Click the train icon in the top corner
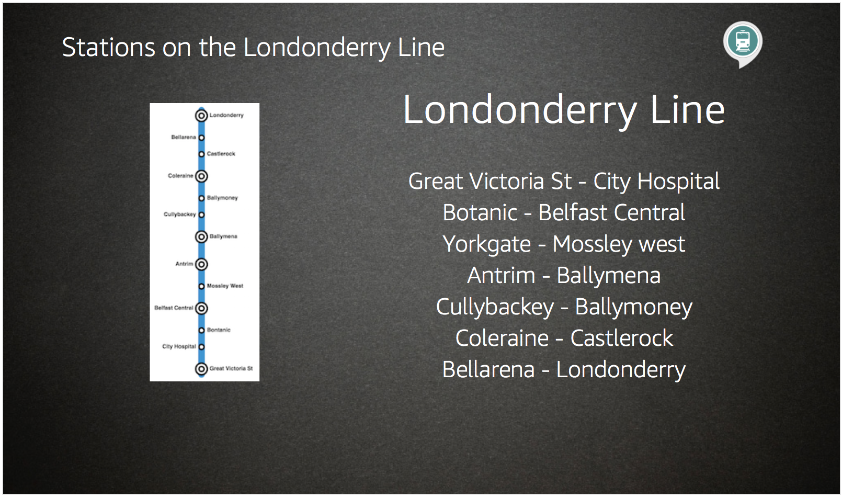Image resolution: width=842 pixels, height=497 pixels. (x=743, y=41)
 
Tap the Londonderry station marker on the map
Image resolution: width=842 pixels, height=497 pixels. (x=201, y=116)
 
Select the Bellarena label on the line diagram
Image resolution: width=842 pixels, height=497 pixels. (x=184, y=137)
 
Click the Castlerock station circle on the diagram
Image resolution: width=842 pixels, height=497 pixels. (x=201, y=154)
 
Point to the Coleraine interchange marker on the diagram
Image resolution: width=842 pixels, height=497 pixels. (x=201, y=176)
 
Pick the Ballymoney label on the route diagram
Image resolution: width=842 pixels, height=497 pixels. (x=222, y=198)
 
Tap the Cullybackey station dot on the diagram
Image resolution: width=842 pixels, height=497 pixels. (x=201, y=214)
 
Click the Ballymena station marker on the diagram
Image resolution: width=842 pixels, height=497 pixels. (x=201, y=236)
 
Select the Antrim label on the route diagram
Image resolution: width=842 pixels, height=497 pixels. (x=184, y=264)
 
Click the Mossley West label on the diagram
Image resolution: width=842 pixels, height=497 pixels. (x=225, y=286)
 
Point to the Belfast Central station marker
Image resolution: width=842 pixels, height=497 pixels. (x=201, y=308)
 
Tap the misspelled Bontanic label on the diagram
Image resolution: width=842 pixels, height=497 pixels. (x=219, y=330)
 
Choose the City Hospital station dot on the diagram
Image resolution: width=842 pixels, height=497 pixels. (x=201, y=347)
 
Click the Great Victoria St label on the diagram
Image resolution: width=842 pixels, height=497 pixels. (x=231, y=368)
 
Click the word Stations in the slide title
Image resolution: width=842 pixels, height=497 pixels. (x=109, y=48)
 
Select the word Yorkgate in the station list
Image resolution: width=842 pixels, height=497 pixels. (x=487, y=244)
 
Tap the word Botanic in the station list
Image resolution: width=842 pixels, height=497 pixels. (x=480, y=212)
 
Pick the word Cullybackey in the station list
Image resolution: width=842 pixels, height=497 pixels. (x=495, y=307)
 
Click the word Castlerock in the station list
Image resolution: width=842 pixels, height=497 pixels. (x=622, y=338)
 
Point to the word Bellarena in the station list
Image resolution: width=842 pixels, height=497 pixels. (x=488, y=369)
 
